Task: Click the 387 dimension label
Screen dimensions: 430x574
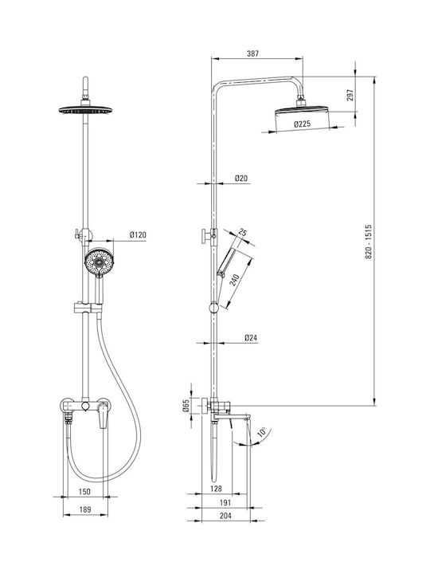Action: click(252, 53)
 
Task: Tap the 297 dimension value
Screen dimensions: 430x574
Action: click(350, 95)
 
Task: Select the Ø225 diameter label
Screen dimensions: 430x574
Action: click(302, 124)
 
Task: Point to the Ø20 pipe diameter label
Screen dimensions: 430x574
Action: click(241, 179)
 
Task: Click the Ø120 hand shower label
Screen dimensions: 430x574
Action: click(138, 234)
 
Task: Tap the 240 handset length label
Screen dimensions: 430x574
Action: click(233, 281)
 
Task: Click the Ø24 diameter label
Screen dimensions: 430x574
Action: click(251, 337)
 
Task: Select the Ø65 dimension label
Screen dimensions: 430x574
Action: click(186, 406)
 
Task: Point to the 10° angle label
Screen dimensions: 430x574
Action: click(262, 432)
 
